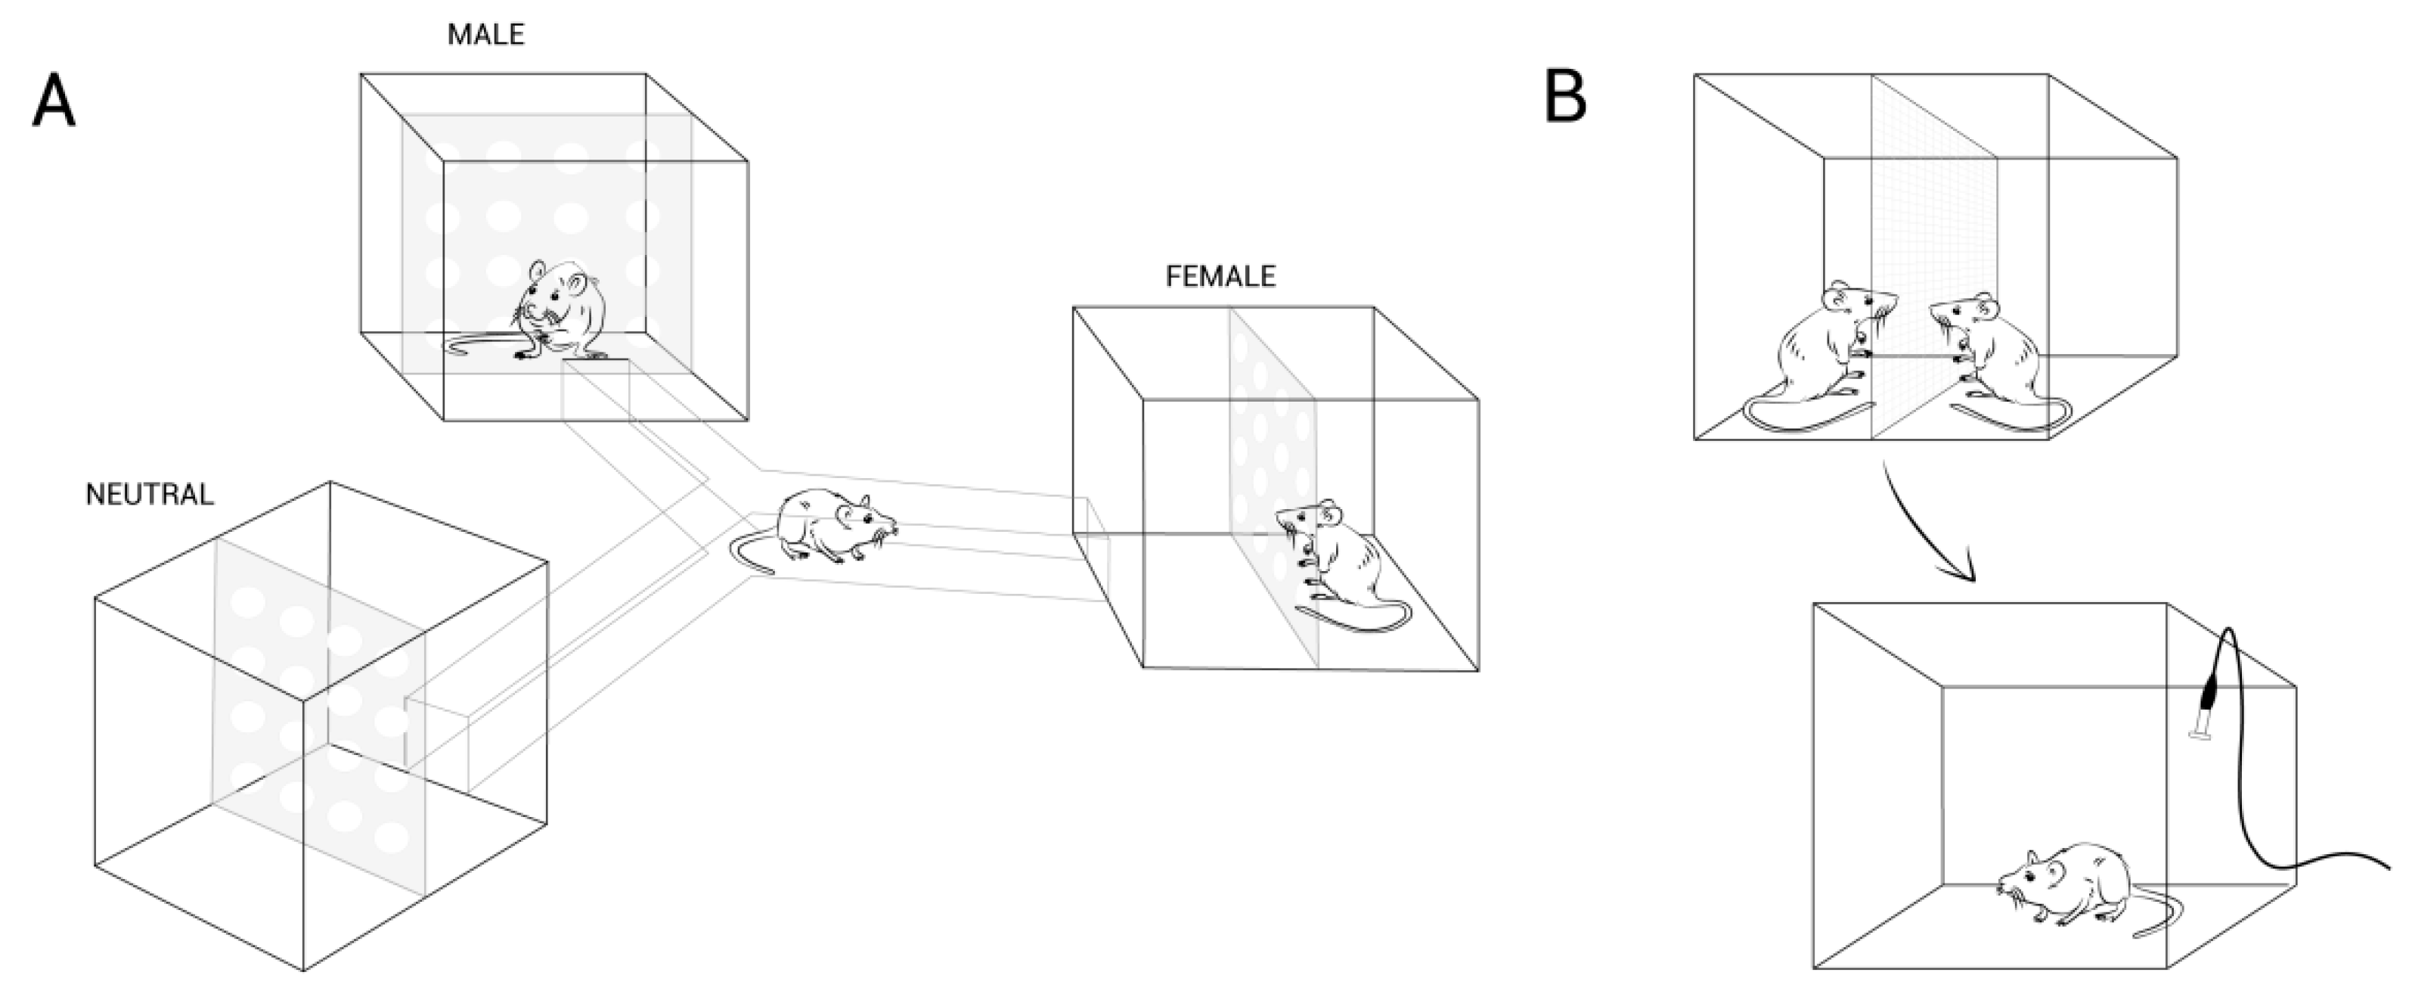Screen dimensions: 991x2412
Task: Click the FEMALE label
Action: point(1220,276)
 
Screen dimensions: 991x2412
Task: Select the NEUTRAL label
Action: point(149,495)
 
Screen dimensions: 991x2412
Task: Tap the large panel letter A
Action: point(54,102)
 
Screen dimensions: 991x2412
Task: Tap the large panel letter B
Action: point(1564,98)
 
